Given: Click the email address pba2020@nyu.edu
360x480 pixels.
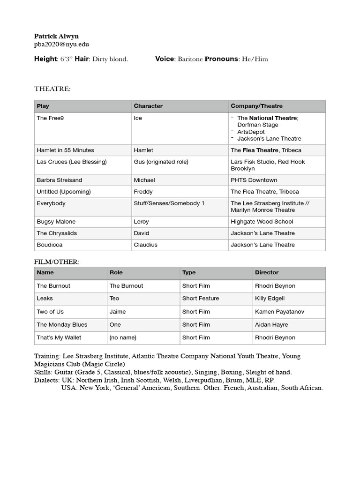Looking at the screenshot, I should coord(61,45).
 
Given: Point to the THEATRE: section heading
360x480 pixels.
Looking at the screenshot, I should coord(52,89).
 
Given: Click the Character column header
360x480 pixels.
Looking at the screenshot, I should coord(148,106).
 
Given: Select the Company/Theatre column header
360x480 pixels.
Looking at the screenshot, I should coord(256,106).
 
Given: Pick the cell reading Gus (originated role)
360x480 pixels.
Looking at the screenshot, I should coord(161,162).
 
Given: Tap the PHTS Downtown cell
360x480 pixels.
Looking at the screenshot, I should coord(254,180).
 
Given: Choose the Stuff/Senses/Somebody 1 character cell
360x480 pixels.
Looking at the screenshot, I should coord(169,203).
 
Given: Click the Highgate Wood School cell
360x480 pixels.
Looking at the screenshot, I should coord(262,222).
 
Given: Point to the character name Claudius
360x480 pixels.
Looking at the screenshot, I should coord(145,245).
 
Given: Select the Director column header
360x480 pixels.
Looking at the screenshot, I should coord(266,272).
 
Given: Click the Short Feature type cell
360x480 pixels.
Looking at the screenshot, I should coord(201,298).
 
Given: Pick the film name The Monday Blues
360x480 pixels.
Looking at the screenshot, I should coord(62,324).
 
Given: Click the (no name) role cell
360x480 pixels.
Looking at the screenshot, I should coord(123,337).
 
